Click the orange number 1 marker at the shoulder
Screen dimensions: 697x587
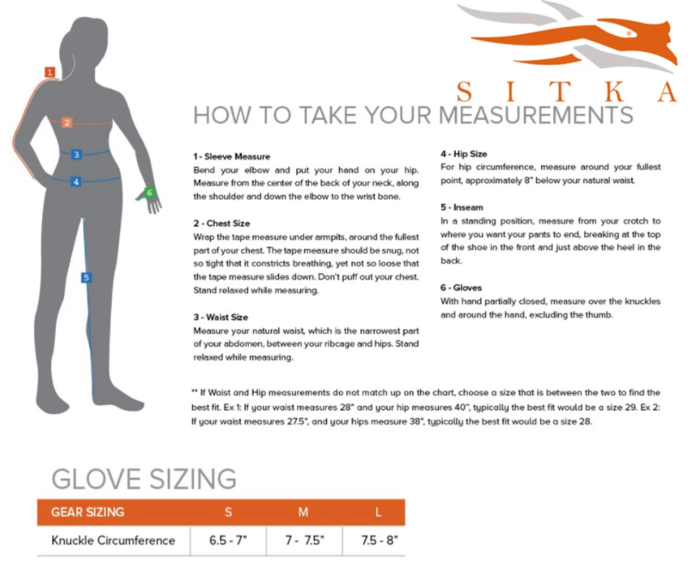tap(50, 72)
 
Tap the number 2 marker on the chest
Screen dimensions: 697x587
tap(67, 122)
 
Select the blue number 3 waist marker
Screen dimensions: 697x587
tap(76, 155)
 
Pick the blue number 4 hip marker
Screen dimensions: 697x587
tap(76, 182)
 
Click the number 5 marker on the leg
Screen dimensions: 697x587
tap(86, 277)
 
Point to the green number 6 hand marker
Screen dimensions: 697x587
tap(149, 193)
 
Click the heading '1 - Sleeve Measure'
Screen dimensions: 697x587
tap(231, 157)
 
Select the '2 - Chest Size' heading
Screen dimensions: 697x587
tap(222, 224)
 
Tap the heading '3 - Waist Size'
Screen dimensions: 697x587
tap(221, 317)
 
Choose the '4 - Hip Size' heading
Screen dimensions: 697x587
tap(463, 154)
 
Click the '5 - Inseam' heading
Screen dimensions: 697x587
tap(462, 207)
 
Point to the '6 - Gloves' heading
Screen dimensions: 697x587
tap(461, 288)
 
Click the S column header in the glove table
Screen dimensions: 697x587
tap(228, 512)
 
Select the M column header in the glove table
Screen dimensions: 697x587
tap(303, 512)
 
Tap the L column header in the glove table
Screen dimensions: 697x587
tap(378, 512)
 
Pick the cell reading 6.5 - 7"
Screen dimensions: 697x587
tap(228, 540)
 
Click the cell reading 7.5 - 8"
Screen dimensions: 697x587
tap(380, 540)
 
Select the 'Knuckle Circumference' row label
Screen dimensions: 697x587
tap(113, 540)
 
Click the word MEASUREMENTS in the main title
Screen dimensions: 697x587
tap(535, 115)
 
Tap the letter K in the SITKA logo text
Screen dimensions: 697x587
tap(614, 92)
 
